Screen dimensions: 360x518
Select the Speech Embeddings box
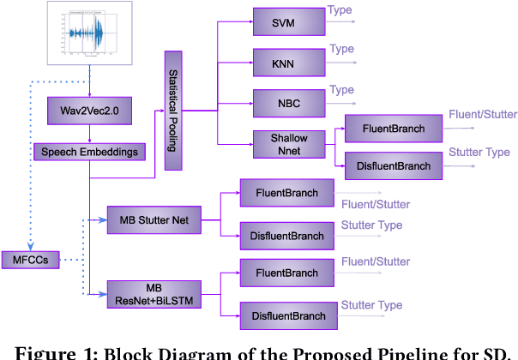[89, 153]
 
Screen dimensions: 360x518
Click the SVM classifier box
[287, 24]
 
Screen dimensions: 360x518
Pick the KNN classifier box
[287, 63]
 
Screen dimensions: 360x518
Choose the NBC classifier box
[287, 102]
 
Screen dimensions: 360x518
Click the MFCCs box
[31, 260]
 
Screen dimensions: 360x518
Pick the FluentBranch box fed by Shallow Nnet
[388, 128]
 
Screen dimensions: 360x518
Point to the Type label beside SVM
[340, 11]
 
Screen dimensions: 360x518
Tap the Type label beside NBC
[340, 89]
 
